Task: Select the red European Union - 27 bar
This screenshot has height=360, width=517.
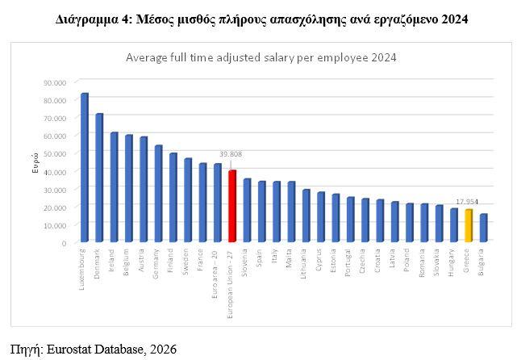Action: tap(232, 206)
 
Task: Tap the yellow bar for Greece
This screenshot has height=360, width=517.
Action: tap(469, 225)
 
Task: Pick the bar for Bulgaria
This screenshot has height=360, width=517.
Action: tap(483, 228)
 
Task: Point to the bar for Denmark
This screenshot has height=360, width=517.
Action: tap(99, 178)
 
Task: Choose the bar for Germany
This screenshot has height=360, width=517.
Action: tap(158, 194)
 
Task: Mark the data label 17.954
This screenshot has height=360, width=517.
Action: tap(468, 203)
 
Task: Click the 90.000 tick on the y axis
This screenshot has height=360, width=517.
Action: tap(55, 82)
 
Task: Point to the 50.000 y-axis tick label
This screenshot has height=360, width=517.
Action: tap(55, 153)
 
